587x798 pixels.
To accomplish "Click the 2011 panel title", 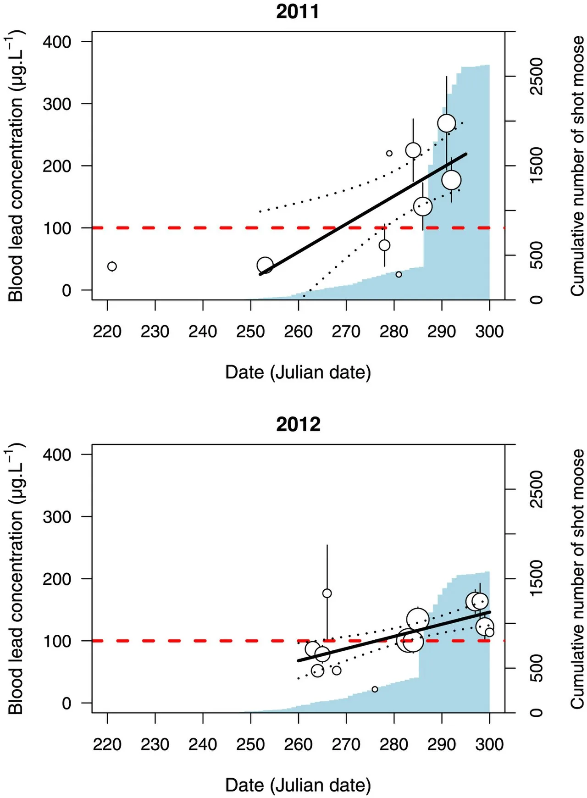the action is (x=298, y=11).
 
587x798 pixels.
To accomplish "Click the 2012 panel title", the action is (x=298, y=424).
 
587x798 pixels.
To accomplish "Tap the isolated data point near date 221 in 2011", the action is (x=112, y=266).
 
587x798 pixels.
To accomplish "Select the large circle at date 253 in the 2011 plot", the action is (x=265, y=265).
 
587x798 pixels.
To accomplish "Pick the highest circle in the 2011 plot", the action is (x=447, y=123).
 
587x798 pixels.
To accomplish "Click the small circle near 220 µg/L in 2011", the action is (x=389, y=153).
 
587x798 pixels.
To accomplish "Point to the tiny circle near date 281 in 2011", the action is (x=399, y=274).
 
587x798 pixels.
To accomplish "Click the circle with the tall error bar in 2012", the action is (x=327, y=593).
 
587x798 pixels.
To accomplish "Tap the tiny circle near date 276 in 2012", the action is (x=375, y=689).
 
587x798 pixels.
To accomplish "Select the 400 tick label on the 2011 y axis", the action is (x=57, y=42).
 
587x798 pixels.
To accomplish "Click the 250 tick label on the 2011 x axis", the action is (x=250, y=331).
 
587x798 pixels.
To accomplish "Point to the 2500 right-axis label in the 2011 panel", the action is (x=536, y=76).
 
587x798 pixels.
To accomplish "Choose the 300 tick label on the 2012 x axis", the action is (x=489, y=744).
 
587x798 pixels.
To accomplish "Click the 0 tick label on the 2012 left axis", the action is (x=66, y=703).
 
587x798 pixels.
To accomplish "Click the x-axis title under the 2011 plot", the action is (x=298, y=372).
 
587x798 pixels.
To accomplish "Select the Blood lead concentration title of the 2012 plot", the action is (x=16, y=579).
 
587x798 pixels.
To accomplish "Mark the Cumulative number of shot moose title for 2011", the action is (x=577, y=166).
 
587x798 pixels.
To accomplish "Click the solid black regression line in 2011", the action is (x=363, y=214).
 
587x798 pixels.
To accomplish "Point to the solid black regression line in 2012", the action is (x=394, y=637).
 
